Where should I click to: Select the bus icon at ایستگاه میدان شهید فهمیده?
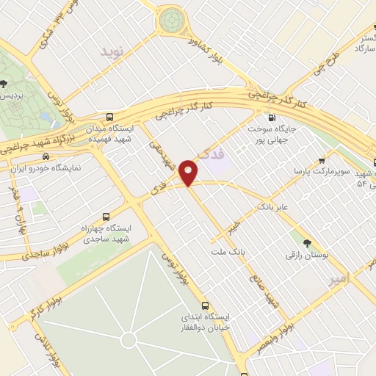[x=110, y=117]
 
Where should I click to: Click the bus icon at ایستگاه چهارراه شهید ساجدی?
[x=106, y=217]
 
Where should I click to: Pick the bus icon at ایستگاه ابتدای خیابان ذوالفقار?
[x=205, y=305]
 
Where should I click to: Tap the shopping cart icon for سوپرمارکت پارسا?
[x=322, y=161]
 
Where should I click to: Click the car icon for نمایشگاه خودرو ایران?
[x=46, y=156]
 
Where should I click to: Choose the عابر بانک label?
[x=273, y=208]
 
